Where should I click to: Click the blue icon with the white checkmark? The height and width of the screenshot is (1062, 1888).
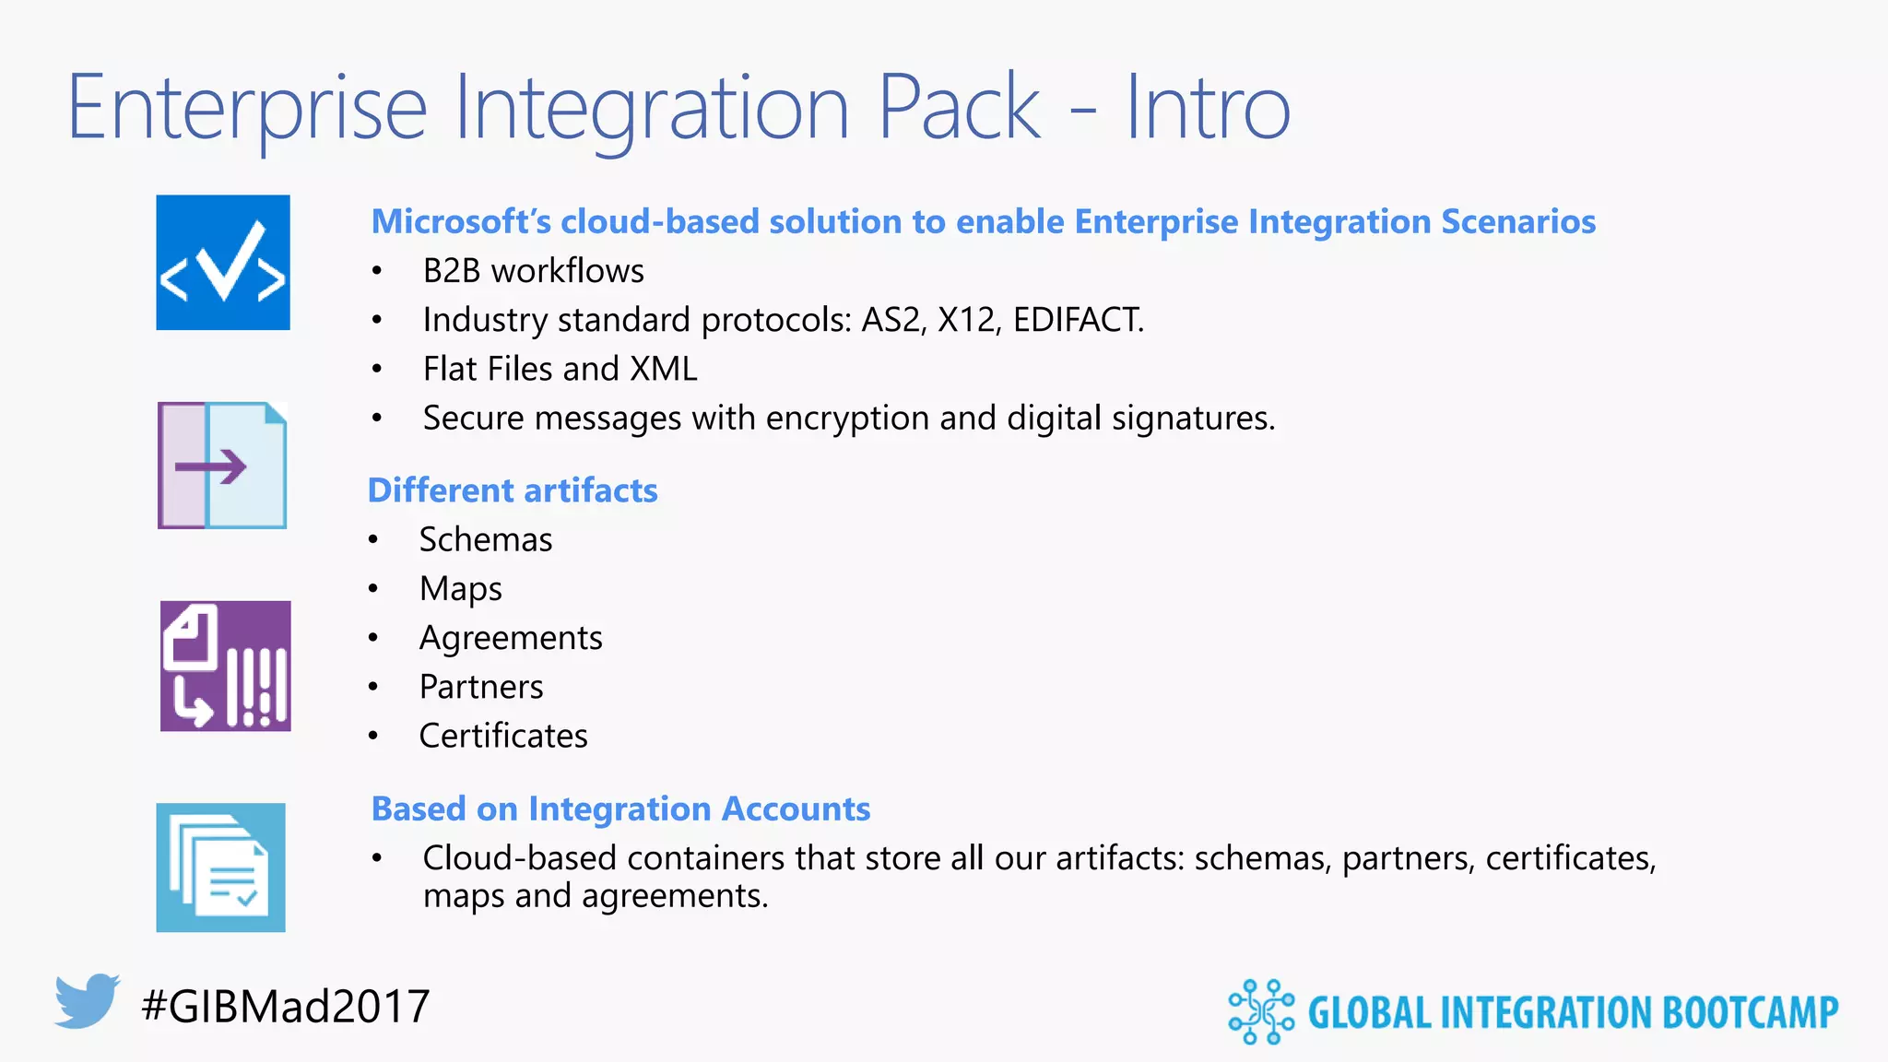(223, 263)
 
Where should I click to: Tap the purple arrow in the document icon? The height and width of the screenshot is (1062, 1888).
(210, 466)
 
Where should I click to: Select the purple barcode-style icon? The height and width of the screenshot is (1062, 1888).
(225, 666)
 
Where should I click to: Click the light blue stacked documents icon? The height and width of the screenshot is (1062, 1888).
(221, 867)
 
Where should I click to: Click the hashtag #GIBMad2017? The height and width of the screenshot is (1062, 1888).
(286, 1006)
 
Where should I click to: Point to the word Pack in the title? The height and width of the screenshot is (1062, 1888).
(959, 109)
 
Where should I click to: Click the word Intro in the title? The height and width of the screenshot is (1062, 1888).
(1208, 109)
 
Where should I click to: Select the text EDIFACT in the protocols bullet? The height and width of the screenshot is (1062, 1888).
(1077, 320)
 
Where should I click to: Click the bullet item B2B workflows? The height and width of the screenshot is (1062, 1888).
(533, 271)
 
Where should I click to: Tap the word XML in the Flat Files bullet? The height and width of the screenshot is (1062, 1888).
(663, 369)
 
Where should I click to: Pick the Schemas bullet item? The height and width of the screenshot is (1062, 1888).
(485, 540)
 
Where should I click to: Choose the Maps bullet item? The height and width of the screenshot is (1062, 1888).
(460, 589)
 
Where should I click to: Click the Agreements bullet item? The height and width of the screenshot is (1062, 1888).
(510, 638)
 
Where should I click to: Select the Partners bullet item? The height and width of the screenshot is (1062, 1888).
(480, 687)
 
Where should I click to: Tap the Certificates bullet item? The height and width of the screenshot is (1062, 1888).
(502, 736)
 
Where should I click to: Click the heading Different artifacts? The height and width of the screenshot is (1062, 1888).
(513, 490)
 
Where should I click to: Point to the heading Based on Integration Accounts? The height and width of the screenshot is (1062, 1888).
(620, 808)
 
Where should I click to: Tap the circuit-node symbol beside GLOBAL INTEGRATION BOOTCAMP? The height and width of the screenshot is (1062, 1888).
(1260, 1011)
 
